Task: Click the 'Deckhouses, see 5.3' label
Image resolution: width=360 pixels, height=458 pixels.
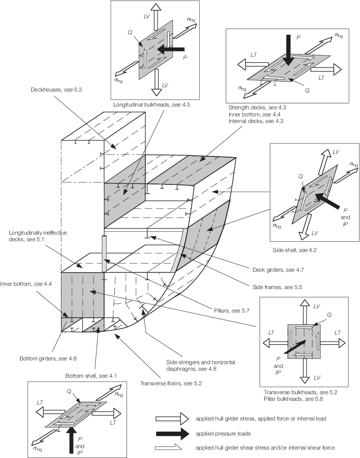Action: [x=49, y=89]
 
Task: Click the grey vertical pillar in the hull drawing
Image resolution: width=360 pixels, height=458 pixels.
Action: [x=105, y=254]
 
